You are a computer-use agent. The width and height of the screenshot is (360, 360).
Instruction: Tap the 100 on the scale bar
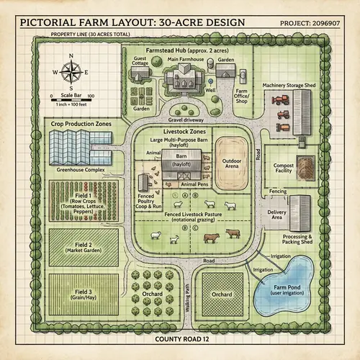(x=91, y=95)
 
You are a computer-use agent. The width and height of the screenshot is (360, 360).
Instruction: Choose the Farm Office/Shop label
(x=241, y=96)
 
